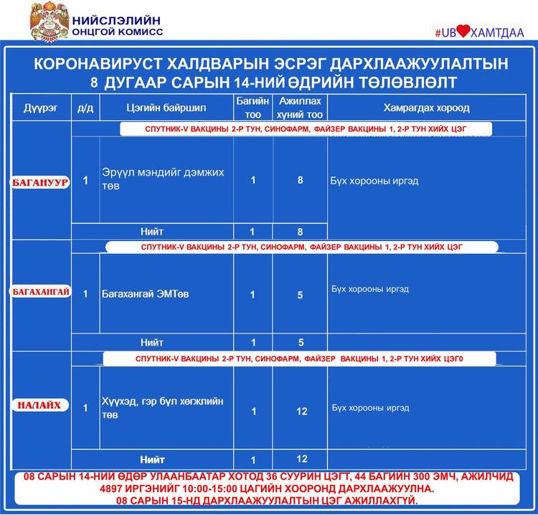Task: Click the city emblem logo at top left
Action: point(49,22)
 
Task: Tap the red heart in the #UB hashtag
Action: point(464,32)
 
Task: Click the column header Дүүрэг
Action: point(40,108)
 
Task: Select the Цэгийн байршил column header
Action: point(166,108)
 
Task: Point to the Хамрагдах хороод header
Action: point(426,108)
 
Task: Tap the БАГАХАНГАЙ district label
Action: point(40,293)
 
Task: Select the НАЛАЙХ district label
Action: point(40,406)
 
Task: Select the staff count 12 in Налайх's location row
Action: point(301,411)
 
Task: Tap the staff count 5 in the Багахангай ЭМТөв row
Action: point(301,295)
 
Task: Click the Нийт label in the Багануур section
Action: point(152,232)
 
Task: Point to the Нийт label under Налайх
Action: point(152,460)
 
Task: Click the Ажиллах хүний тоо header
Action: point(301,108)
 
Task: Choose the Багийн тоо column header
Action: point(253,108)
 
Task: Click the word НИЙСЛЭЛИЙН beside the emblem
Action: point(115,19)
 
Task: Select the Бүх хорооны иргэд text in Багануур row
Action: point(374,181)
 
